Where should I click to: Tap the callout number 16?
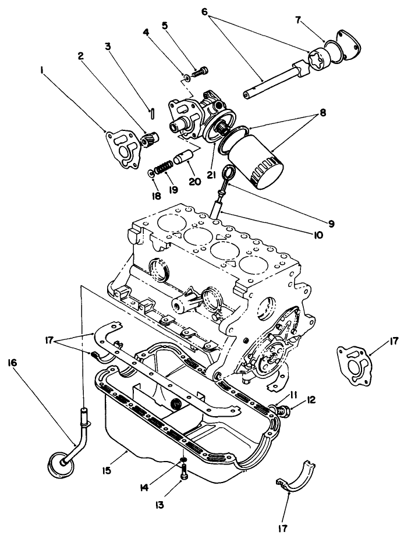tap(12, 362)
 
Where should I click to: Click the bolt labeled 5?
tap(201, 71)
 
